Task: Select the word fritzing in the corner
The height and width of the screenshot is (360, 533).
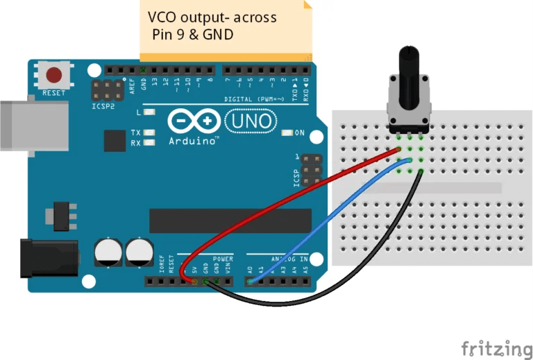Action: click(x=496, y=347)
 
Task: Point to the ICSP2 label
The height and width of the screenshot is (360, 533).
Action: click(x=103, y=108)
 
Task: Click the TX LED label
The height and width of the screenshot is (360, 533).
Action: click(x=136, y=132)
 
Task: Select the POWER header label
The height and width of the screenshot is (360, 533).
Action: click(x=223, y=259)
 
